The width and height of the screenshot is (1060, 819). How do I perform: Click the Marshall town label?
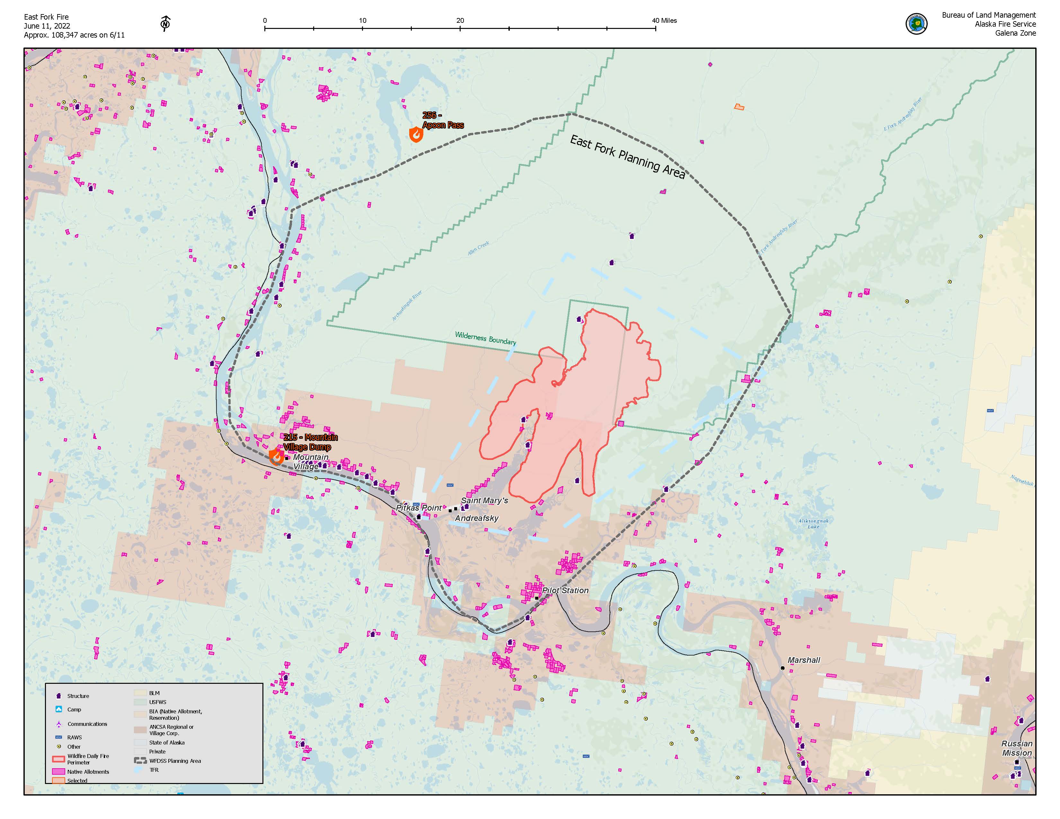[803, 660]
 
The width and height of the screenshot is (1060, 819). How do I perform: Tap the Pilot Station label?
[565, 590]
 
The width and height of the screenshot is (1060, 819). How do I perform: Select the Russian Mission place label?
[1017, 748]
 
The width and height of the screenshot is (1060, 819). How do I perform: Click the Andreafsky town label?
[477, 518]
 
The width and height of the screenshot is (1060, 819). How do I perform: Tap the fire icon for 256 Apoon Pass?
[416, 134]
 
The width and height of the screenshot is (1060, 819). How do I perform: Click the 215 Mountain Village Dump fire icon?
[276, 457]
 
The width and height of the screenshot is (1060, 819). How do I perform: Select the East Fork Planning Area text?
[627, 156]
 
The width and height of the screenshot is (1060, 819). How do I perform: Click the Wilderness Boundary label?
[485, 338]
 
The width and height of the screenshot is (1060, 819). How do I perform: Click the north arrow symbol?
[165, 23]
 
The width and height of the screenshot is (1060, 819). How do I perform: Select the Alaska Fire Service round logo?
[916, 23]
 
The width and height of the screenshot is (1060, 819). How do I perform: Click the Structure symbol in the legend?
[59, 696]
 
